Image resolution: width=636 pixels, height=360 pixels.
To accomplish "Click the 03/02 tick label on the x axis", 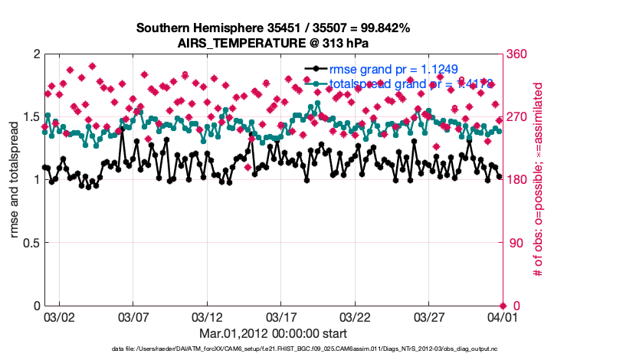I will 59,316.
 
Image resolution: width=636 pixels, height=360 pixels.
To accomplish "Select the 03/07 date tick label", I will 133,316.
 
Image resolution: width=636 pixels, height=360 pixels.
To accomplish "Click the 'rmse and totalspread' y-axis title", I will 14,180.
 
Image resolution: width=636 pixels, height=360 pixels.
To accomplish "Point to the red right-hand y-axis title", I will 539,180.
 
